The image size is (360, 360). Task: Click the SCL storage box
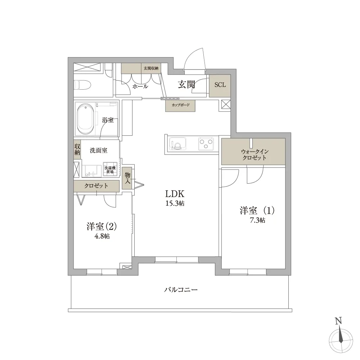(220, 85)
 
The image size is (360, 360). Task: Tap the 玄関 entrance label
(186, 85)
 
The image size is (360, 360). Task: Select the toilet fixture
(82, 86)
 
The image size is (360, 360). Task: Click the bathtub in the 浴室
(85, 118)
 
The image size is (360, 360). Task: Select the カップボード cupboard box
(180, 106)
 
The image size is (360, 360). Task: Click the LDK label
(175, 193)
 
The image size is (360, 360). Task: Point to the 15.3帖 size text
(175, 203)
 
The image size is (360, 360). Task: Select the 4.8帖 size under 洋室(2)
(101, 237)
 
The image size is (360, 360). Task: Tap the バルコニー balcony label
(181, 289)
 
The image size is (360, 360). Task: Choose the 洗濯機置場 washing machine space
(110, 170)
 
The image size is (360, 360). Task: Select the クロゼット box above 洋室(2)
(96, 186)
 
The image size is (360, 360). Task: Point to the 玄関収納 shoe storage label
(151, 68)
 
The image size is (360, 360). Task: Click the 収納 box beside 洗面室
(77, 149)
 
